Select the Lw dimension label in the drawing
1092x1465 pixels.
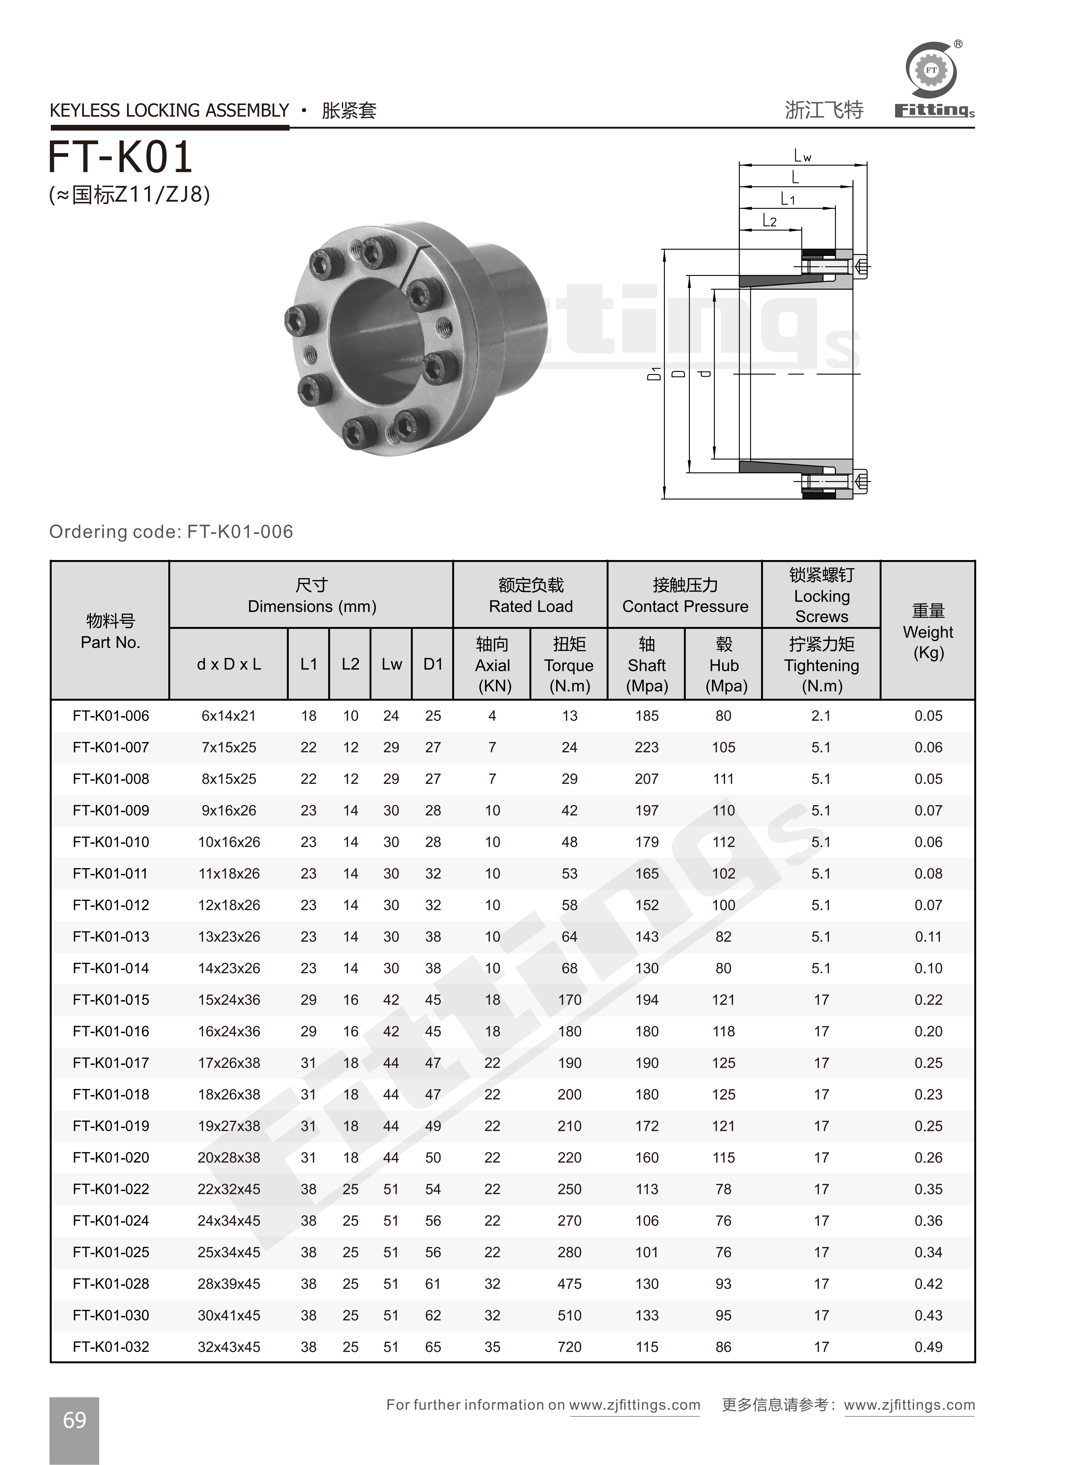pyautogui.click(x=802, y=156)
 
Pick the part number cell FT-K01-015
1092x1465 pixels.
pyautogui.click(x=111, y=1000)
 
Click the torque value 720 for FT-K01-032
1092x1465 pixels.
pyautogui.click(x=569, y=1347)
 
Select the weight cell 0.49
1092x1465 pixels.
pyautogui.click(x=928, y=1347)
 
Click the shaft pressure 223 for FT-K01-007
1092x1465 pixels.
pyautogui.click(x=647, y=747)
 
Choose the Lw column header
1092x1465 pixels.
pyautogui.click(x=391, y=664)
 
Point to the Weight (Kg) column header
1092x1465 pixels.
pyautogui.click(x=928, y=631)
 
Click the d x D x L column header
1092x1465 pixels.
pyautogui.click(x=229, y=664)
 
